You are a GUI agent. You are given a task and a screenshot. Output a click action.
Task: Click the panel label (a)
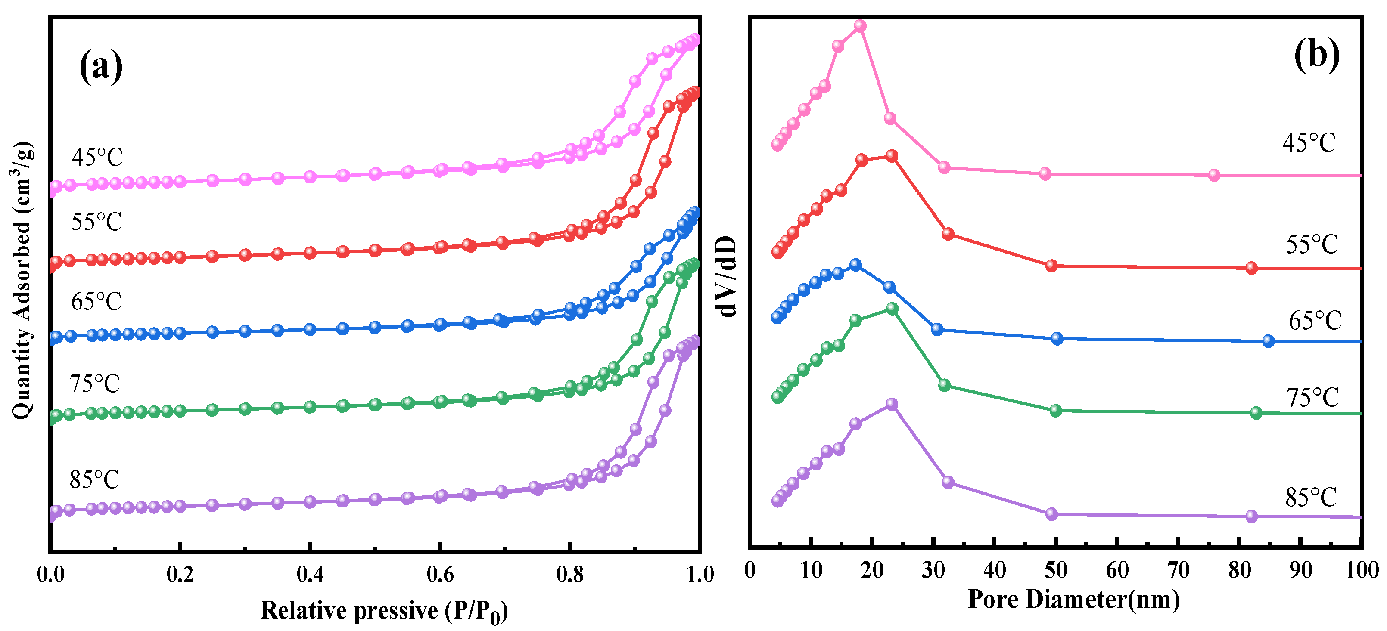[x=101, y=67]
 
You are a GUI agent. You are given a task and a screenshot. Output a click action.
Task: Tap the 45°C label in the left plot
[x=97, y=157]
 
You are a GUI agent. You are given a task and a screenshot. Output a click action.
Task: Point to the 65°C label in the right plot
[x=1314, y=321]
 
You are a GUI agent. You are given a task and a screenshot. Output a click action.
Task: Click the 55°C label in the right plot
[x=1312, y=245]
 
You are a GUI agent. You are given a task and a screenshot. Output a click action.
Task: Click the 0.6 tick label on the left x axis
[x=440, y=575]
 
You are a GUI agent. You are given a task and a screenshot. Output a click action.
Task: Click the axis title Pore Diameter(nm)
[x=1073, y=599]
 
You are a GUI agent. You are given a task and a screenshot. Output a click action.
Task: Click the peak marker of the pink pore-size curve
[x=861, y=26]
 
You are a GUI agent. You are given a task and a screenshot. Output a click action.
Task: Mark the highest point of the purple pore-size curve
[x=892, y=404]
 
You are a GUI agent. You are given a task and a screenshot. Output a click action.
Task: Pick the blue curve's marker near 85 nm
[x=1268, y=340]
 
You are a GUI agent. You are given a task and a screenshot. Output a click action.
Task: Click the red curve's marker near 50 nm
[x=1051, y=266]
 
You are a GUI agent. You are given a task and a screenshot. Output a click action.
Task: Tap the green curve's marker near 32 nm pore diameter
[x=944, y=385]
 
